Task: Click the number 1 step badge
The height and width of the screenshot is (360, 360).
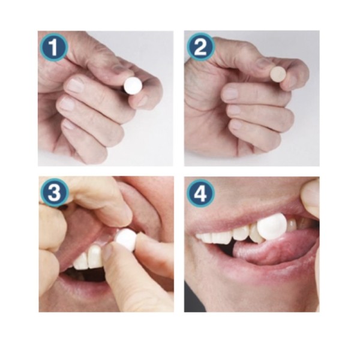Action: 54,47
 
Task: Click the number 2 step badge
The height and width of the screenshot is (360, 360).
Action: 200,47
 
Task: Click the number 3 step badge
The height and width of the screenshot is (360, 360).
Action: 55,193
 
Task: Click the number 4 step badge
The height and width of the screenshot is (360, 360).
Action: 200,193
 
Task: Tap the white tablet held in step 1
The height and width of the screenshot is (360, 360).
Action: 133,86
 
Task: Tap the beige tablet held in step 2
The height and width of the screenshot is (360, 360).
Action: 278,74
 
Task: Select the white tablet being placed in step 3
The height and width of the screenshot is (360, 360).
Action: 126,239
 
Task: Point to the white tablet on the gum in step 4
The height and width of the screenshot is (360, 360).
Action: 272,226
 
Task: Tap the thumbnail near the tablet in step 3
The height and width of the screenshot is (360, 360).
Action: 107,253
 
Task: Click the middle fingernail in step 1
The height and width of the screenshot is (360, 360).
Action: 76,85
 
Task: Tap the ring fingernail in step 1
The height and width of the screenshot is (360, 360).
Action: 67,104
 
